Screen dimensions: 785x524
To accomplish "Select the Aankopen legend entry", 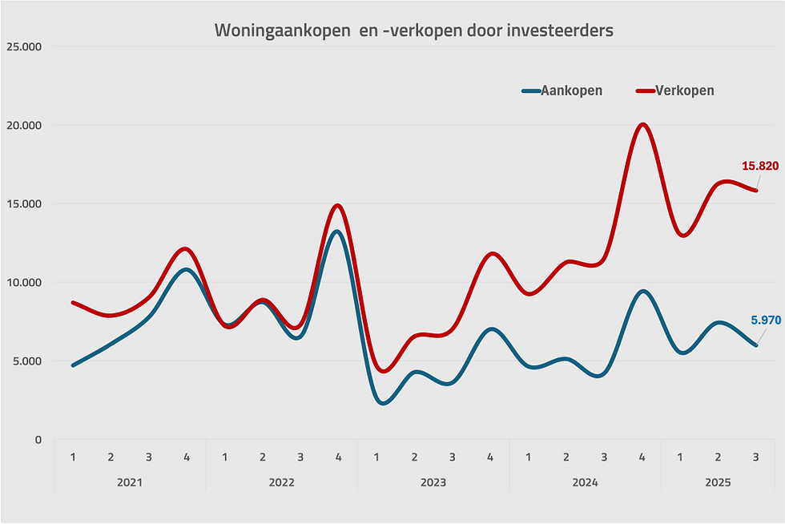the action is tap(562, 91).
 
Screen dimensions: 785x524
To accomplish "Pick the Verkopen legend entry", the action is tap(675, 91).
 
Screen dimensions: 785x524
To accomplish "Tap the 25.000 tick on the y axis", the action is tap(24, 46).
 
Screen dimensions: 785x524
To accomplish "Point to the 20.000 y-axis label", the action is tap(24, 125).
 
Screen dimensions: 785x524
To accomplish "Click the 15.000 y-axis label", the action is tap(24, 204).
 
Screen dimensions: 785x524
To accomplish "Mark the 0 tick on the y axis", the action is tap(38, 440).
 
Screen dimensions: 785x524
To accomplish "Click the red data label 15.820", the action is tap(760, 166).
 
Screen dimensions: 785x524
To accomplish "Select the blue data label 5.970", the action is tap(766, 320).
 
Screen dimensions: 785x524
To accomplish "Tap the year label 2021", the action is tap(130, 482).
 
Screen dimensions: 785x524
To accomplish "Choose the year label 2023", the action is tap(433, 482).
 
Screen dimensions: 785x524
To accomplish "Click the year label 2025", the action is tap(718, 482).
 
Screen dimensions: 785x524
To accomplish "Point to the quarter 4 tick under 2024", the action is tap(642, 457).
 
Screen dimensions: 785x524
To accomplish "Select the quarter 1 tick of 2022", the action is tap(225, 457).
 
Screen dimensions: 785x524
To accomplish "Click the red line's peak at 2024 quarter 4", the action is tap(642, 124).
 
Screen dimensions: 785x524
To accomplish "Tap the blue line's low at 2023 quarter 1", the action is tap(384, 403).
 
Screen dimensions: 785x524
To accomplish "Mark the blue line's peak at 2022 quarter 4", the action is tap(337, 232).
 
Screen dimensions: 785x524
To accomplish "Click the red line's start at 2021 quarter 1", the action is tap(73, 303).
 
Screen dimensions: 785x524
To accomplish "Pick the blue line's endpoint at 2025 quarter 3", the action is tap(756, 345).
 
